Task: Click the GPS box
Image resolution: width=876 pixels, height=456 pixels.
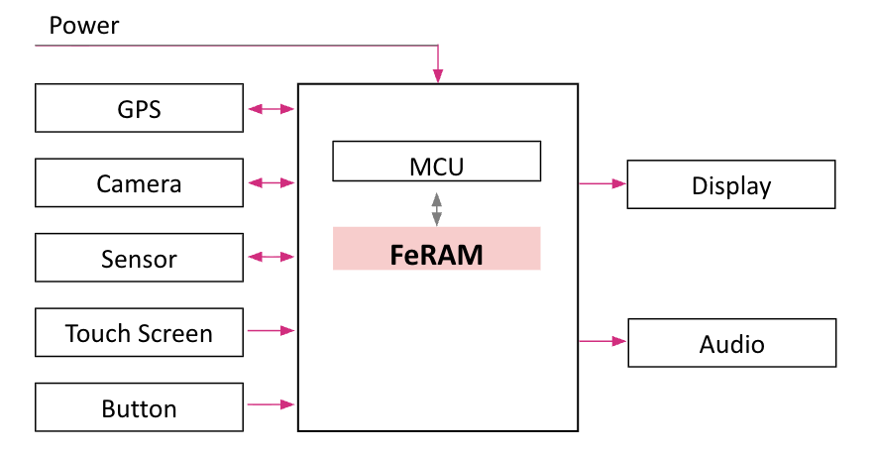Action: (139, 108)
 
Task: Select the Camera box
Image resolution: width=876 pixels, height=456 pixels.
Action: (139, 182)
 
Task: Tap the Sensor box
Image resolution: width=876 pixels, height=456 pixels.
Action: (139, 258)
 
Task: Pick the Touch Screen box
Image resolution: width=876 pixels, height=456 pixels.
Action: (139, 332)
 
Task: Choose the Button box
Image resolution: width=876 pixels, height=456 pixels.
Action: (139, 407)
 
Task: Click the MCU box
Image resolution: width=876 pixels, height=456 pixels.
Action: (436, 162)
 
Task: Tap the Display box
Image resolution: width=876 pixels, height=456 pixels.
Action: (731, 184)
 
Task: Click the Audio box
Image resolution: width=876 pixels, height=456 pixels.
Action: (731, 343)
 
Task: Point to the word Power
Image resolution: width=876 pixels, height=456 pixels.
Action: (84, 26)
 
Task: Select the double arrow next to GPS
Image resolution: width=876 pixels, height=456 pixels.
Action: (271, 108)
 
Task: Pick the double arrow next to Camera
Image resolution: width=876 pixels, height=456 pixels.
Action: (271, 182)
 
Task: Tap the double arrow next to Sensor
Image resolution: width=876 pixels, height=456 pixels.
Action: (271, 257)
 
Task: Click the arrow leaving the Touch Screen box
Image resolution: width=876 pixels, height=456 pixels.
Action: (271, 330)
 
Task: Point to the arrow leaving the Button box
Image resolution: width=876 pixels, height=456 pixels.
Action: (271, 404)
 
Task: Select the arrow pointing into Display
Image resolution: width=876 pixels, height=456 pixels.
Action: (602, 183)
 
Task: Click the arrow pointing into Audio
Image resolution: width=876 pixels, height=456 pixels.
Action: (602, 341)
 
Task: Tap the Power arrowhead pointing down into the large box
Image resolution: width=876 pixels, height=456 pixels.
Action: (437, 76)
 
